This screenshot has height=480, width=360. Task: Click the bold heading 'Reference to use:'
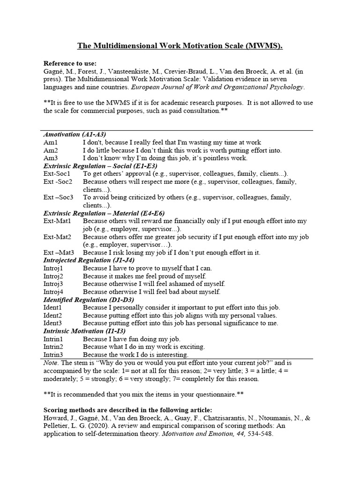(70, 63)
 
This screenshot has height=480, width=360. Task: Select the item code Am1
(51, 142)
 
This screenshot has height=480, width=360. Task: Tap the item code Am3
(51, 158)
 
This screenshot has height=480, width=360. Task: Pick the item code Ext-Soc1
(57, 173)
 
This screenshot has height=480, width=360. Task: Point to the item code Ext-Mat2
(57, 237)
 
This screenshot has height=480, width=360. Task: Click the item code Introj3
(53, 284)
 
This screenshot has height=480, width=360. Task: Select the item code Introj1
(53, 268)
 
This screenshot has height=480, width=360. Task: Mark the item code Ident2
(53, 315)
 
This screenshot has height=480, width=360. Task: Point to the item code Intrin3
(53, 355)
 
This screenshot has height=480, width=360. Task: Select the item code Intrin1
(53, 339)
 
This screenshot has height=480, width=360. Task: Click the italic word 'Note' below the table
(51, 363)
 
